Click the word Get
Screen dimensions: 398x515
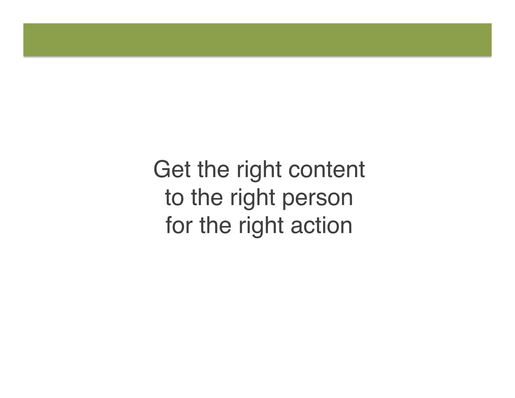tap(172, 169)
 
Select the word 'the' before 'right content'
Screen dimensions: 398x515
tap(213, 169)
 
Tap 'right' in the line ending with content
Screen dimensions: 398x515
tap(259, 170)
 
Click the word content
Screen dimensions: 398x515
tap(327, 169)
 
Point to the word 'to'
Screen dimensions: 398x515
tap(174, 198)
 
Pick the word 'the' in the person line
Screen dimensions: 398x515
tap(207, 197)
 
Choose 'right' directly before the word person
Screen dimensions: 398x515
tap(252, 198)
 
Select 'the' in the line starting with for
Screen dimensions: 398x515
tap(215, 225)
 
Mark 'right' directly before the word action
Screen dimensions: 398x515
tap(261, 226)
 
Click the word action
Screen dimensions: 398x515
tap(321, 225)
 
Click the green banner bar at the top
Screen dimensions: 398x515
tap(257, 40)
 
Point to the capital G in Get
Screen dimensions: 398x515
tap(163, 169)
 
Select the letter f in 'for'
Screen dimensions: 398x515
tap(169, 225)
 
